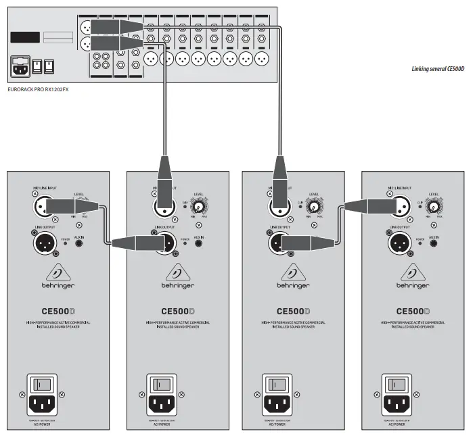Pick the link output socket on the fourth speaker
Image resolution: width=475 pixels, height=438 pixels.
[398, 243]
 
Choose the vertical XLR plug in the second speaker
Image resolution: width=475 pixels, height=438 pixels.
[164, 182]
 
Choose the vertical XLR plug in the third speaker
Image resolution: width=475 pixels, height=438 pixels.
[279, 182]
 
